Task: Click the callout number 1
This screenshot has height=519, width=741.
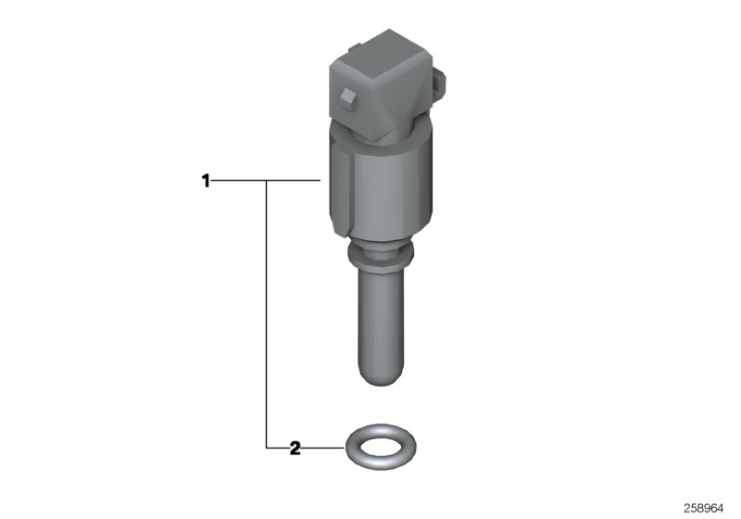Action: pyautogui.click(x=207, y=181)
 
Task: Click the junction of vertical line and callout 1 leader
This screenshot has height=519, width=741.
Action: pyautogui.click(x=268, y=181)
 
